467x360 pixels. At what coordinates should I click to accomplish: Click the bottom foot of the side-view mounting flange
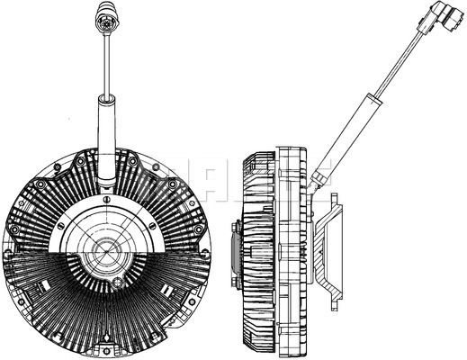point(335,299)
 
